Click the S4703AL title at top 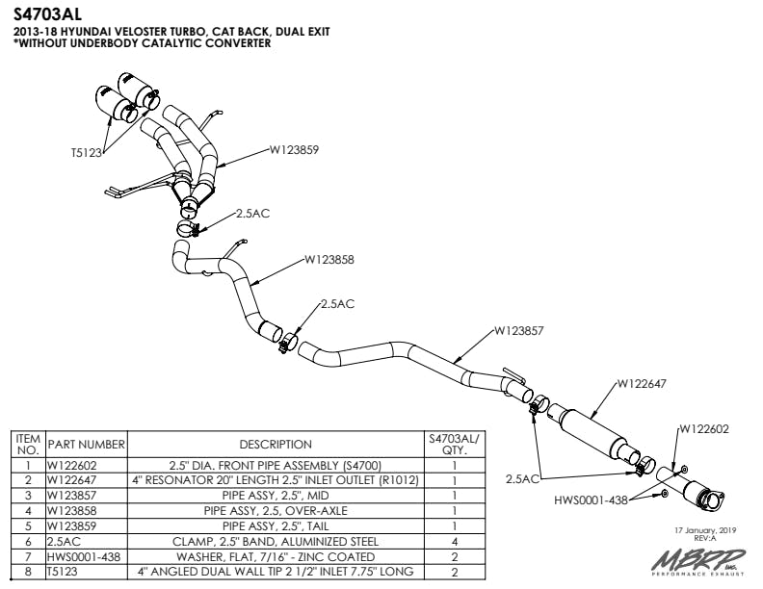(x=47, y=14)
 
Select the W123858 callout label (x=329, y=259)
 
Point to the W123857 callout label (x=519, y=330)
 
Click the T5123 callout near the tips (x=88, y=151)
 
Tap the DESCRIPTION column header (x=275, y=445)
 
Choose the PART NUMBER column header (x=87, y=445)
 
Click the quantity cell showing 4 (x=454, y=541)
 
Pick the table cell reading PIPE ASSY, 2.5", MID (x=275, y=495)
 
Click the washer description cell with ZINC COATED (x=275, y=556)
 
